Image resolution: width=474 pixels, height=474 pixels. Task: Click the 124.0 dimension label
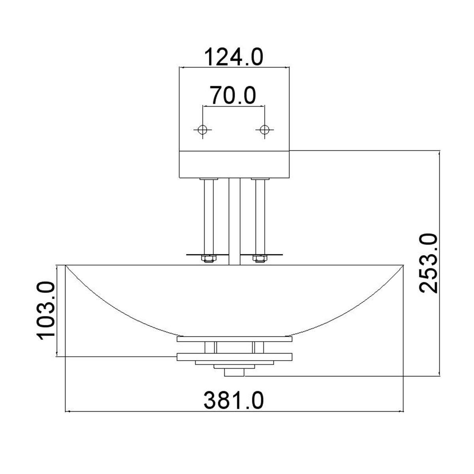tap(234, 57)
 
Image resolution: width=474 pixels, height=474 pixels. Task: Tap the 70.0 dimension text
tap(233, 95)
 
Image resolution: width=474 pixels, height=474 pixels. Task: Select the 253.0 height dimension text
tap(429, 263)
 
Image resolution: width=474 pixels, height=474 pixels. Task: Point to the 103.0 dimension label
tap(46, 311)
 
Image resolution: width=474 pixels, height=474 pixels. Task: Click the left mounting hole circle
tap(203, 130)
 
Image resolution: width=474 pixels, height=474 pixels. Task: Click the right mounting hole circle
tap(264, 130)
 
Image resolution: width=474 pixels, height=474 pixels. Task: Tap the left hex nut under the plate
tap(209, 258)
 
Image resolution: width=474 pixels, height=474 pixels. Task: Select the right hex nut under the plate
tap(260, 258)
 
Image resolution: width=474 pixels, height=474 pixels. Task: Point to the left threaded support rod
tap(209, 217)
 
